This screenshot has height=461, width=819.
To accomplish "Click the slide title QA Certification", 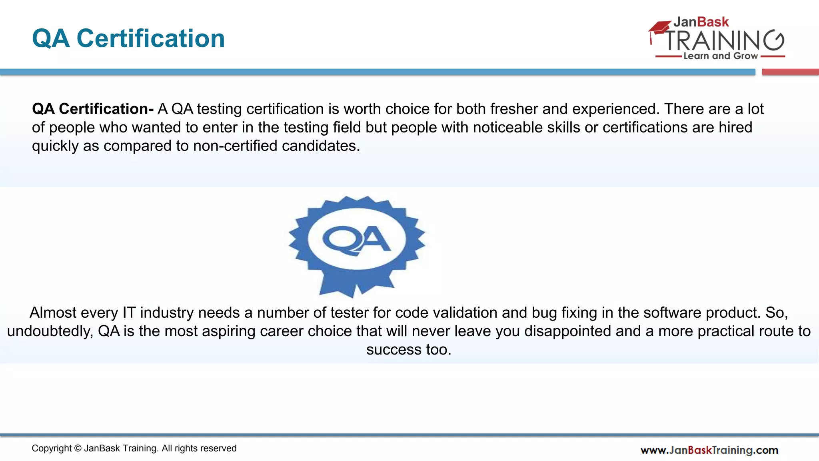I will coord(128,38).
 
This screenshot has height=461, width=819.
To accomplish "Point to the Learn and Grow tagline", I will coord(720,56).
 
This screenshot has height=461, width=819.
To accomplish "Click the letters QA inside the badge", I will coord(356,240).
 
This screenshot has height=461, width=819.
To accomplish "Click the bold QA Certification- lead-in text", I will coord(93,109).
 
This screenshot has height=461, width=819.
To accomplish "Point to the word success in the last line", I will coord(394,350).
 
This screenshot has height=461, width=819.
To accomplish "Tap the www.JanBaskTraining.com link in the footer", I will coord(709,450).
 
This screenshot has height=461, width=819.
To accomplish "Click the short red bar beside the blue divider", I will coord(790,72).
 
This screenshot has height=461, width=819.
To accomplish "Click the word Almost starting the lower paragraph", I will coord(53,313).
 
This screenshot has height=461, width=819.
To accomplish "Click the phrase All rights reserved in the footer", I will coord(199,449).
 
